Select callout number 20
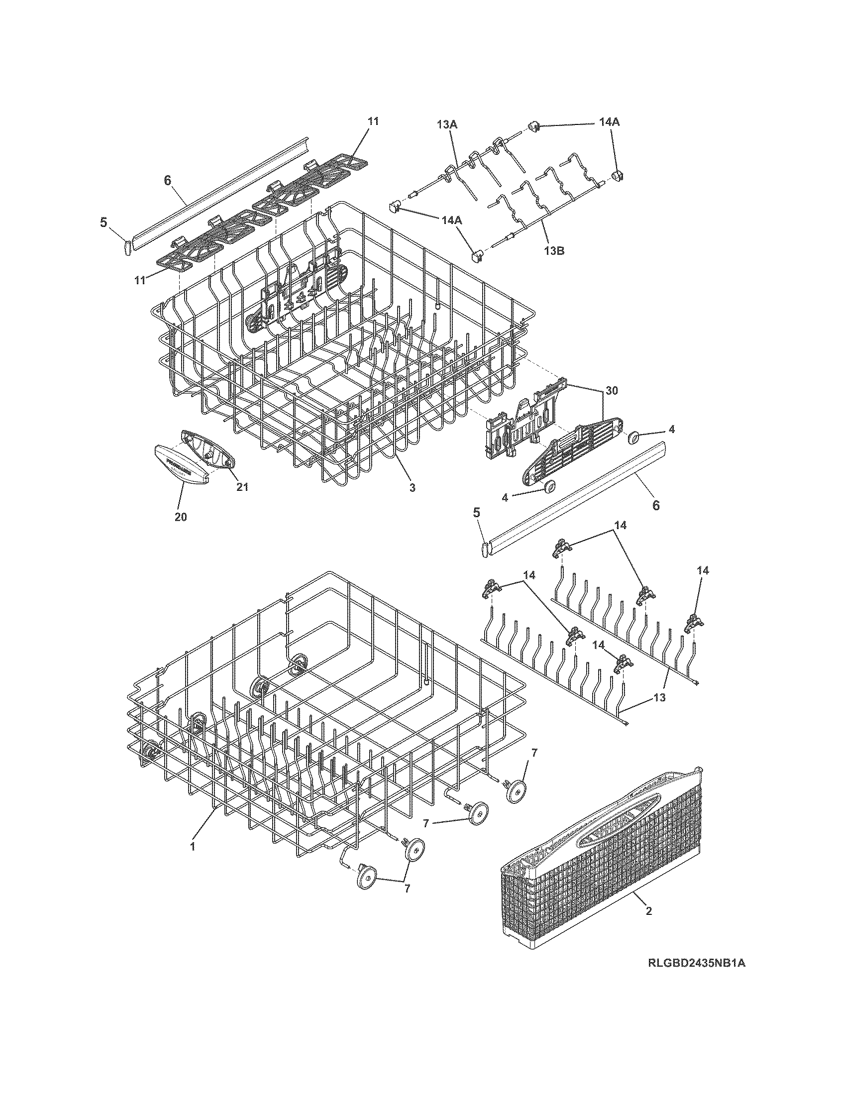coord(181,517)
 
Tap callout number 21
coord(242,487)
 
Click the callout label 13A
coord(447,125)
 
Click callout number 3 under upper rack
coord(412,487)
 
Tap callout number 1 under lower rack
coord(192,846)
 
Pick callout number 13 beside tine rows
coord(659,697)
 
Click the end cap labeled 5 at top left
coord(126,247)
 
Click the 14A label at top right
coord(609,122)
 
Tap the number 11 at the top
coord(373,121)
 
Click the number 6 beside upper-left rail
coord(168,181)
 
